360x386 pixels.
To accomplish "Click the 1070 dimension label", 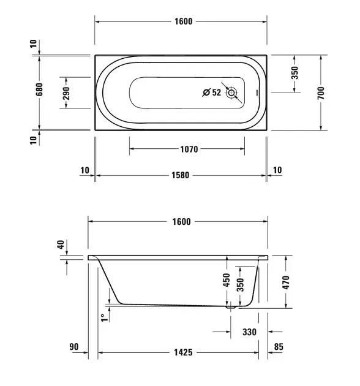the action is click(x=189, y=149).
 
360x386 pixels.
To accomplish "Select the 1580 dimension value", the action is click(x=181, y=175).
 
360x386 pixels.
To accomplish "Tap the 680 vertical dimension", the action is click(x=39, y=89).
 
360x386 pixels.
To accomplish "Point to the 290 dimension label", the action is click(x=66, y=93).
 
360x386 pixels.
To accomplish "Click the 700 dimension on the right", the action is click(x=321, y=93).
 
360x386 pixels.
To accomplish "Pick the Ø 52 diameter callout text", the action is click(x=212, y=93).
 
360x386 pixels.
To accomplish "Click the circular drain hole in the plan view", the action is click(x=231, y=93).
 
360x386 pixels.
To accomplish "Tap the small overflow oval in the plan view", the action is click(x=257, y=93).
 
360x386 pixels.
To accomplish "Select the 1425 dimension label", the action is click(x=183, y=352).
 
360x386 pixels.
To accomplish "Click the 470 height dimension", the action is click(x=286, y=282).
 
